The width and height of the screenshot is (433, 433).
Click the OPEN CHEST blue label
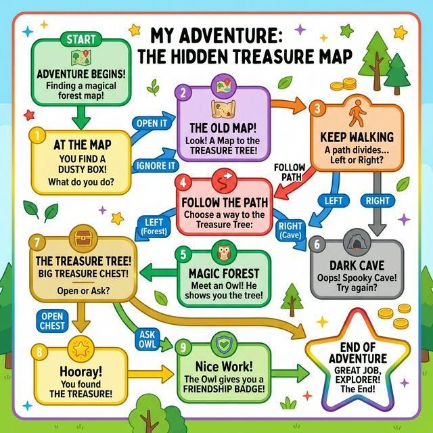point(53,321)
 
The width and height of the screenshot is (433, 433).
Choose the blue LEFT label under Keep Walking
point(334,201)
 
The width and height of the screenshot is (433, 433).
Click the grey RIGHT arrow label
point(378,201)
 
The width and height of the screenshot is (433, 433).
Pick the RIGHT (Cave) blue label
point(290,231)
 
